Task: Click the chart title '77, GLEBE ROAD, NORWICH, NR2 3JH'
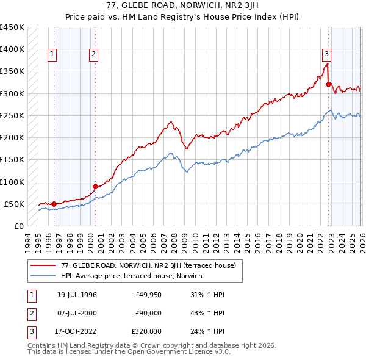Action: pyautogui.click(x=183, y=5)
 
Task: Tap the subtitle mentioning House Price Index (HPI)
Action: pyautogui.click(x=183, y=16)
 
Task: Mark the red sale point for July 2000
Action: pyautogui.click(x=95, y=186)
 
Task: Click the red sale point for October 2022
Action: pyautogui.click(x=328, y=85)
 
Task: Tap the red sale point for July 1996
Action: pyautogui.click(x=54, y=204)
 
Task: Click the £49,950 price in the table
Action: pyautogui.click(x=149, y=295)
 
